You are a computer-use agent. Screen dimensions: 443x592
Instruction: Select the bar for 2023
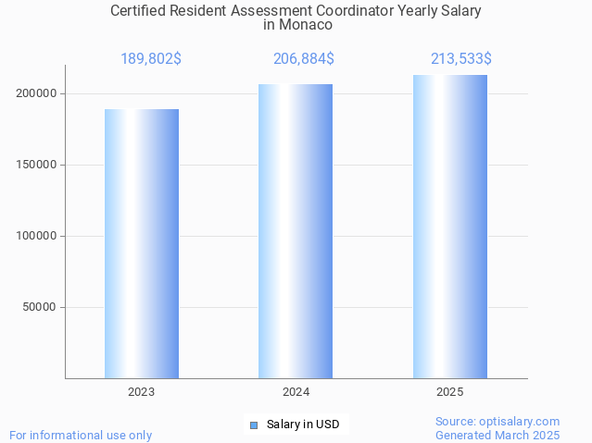pyautogui.click(x=141, y=243)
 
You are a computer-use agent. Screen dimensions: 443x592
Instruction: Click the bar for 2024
pyautogui.click(x=296, y=231)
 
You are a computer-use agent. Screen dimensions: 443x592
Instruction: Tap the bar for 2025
pyautogui.click(x=449, y=227)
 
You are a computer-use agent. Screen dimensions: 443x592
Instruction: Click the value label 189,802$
pyautogui.click(x=150, y=59)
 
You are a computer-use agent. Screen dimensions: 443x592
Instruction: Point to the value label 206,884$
pyautogui.click(x=303, y=59)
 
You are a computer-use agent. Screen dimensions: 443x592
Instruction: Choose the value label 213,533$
pyautogui.click(x=460, y=59)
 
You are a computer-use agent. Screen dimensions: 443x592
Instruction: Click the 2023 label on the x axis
pyautogui.click(x=141, y=392)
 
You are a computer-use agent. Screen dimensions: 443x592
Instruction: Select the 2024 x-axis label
pyautogui.click(x=296, y=392)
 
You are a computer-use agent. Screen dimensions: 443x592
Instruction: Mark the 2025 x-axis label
pyautogui.click(x=449, y=392)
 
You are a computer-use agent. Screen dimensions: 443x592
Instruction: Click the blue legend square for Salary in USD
pyautogui.click(x=253, y=425)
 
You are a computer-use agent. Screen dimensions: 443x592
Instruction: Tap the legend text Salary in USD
pyautogui.click(x=303, y=425)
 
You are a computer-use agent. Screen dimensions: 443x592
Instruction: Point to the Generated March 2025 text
pyautogui.click(x=498, y=435)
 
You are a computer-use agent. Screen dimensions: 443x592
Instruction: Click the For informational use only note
pyautogui.click(x=81, y=435)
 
